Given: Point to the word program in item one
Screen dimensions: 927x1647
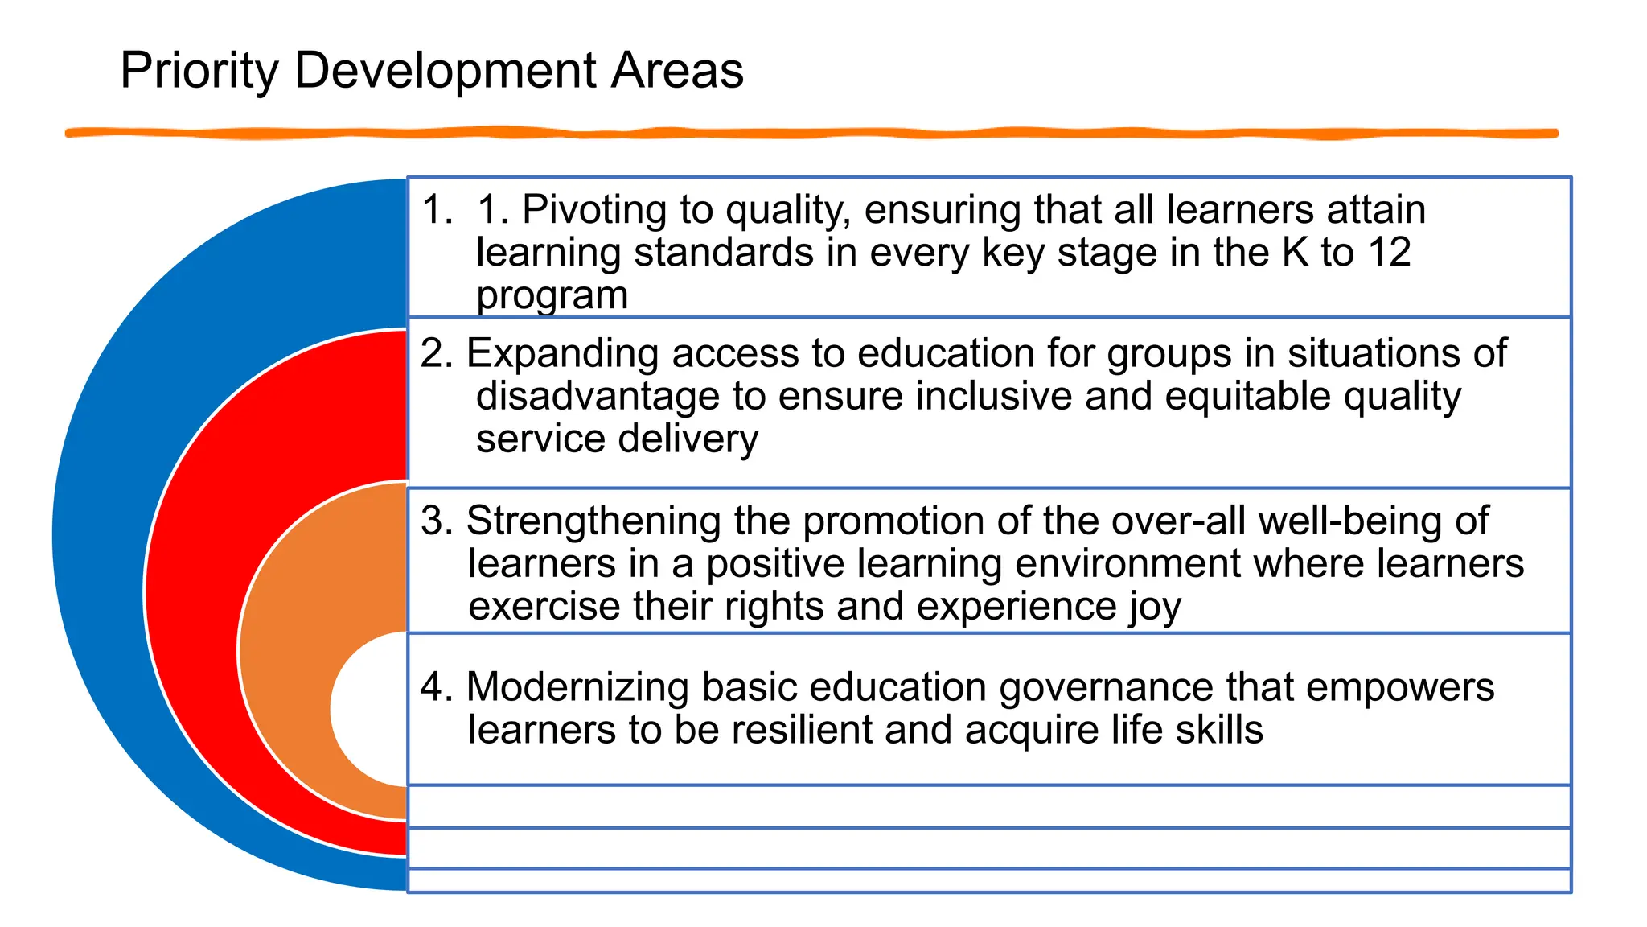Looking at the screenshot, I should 552,295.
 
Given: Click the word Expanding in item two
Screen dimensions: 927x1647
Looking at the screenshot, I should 562,354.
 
